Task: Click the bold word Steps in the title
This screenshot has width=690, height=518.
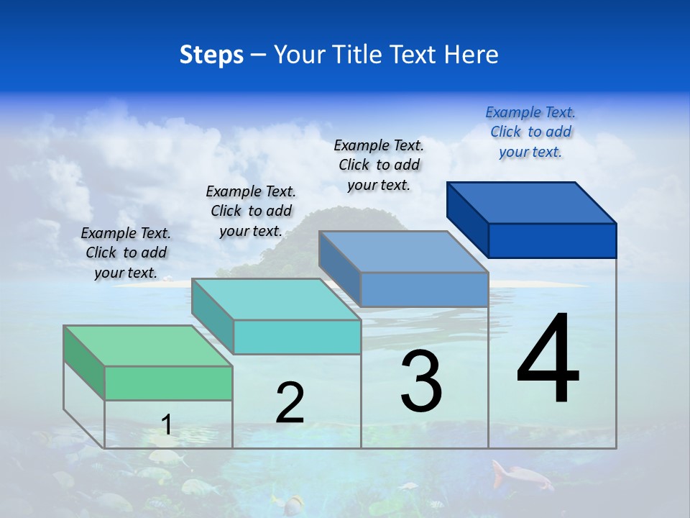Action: pos(211,55)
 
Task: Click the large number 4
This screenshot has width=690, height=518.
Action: pos(548,360)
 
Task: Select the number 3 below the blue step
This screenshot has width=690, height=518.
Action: pos(421,381)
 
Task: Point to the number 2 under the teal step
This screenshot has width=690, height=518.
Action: pos(290,404)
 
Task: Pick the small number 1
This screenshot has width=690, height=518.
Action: pos(167,424)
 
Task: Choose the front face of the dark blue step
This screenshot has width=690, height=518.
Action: pos(552,240)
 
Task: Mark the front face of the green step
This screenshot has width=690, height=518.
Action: pos(168,383)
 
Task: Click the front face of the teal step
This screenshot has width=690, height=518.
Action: pos(297,337)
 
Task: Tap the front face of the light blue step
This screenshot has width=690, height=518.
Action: pos(424,289)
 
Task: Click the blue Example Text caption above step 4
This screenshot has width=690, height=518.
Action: pos(530,132)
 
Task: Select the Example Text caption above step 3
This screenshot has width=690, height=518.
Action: pos(379,165)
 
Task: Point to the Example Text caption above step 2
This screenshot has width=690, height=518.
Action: pos(251,211)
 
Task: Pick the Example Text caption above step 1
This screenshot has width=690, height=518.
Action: pos(126,253)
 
